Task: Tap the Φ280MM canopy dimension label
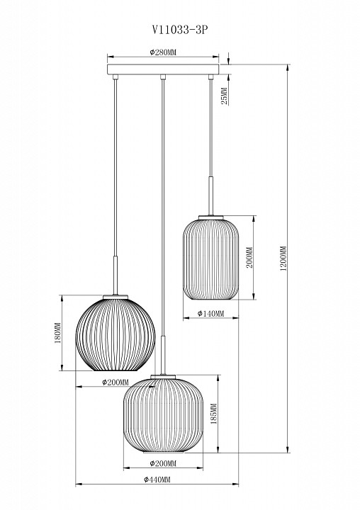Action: point(163,52)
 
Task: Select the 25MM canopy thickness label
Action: point(224,95)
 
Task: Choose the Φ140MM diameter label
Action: point(211,314)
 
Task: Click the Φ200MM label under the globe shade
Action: point(115,382)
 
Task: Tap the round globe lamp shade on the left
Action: point(115,333)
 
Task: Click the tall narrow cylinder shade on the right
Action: point(211,258)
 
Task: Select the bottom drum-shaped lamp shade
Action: point(163,414)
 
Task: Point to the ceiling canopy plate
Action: point(163,69)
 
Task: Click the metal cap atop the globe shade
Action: point(116,295)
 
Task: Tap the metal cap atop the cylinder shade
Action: point(211,215)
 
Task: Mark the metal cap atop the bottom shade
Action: point(164,375)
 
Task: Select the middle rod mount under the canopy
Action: point(163,77)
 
